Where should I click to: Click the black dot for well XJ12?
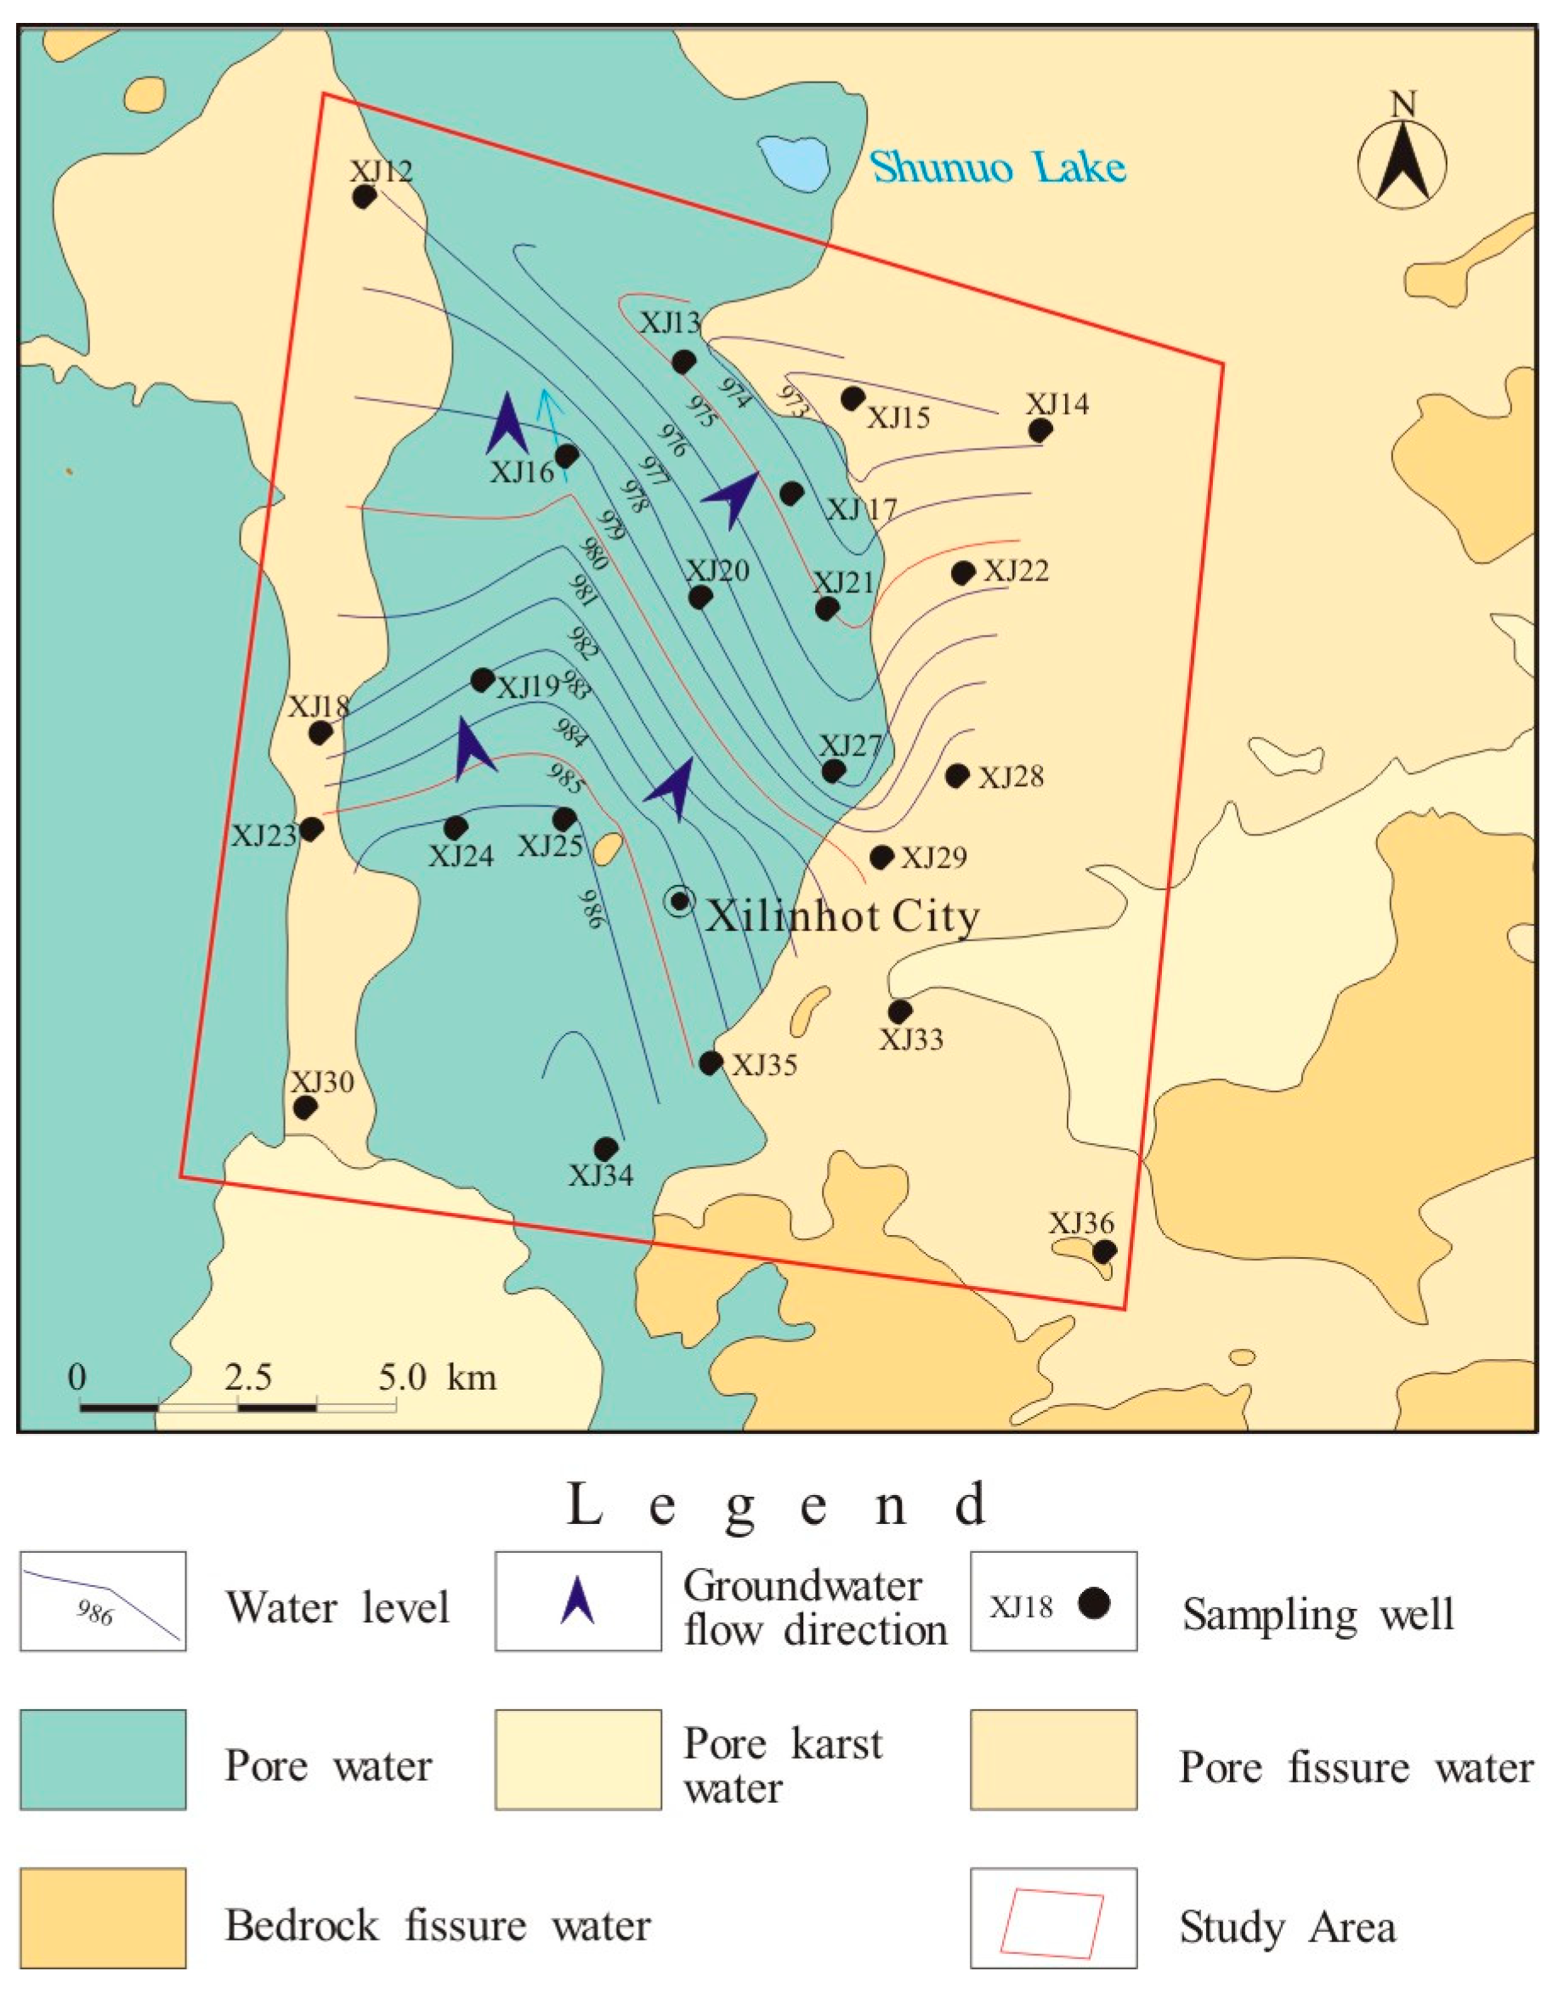point(364,197)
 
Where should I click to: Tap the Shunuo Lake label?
point(997,168)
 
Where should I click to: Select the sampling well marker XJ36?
point(1104,1250)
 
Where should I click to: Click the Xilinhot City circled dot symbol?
point(678,901)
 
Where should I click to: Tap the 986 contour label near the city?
point(592,909)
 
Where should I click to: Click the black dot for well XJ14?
point(1040,429)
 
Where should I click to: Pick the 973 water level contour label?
point(792,401)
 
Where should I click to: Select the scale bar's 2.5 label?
point(248,1377)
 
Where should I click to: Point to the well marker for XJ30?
point(304,1107)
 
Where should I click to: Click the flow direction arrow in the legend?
point(578,1601)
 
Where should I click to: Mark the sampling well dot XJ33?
point(899,1011)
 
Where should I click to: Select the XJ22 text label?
point(1017,571)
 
